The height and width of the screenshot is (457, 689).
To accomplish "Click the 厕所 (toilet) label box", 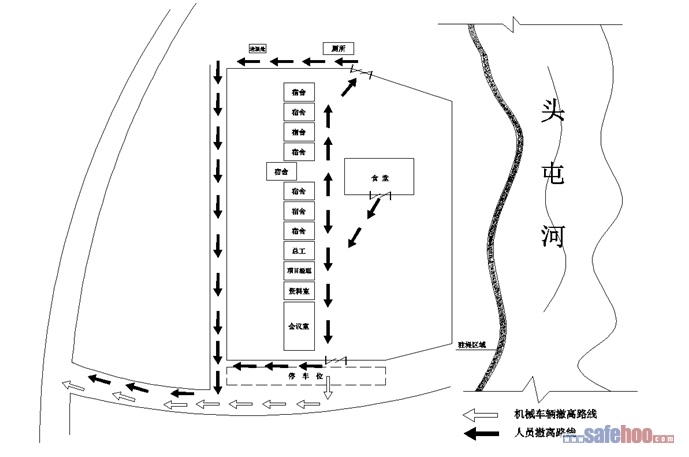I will click(337, 47).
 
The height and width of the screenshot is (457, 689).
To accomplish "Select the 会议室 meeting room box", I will click(298, 326).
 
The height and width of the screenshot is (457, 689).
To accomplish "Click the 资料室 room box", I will click(298, 291).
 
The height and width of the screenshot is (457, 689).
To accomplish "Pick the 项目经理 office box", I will click(298, 271).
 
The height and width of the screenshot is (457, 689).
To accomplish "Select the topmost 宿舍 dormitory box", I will click(298, 91).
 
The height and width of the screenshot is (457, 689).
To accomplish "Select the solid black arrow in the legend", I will click(480, 434).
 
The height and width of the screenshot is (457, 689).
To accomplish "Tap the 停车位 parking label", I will click(305, 376).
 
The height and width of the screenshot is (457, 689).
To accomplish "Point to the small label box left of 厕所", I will click(258, 48).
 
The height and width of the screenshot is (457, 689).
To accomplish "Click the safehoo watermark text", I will click(625, 435).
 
